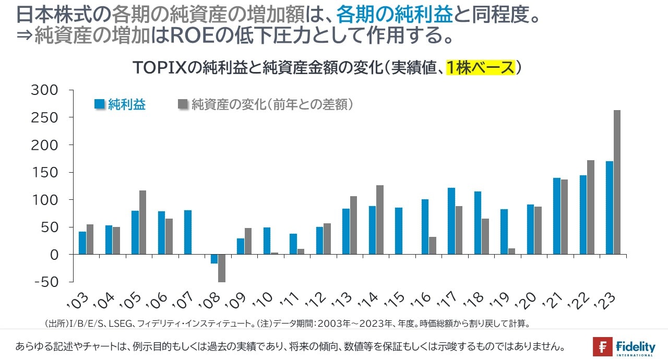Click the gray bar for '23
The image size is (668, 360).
tap(617, 182)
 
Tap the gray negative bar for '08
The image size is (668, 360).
tap(222, 268)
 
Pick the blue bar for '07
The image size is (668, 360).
tap(188, 232)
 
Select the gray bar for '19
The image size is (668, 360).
tap(511, 251)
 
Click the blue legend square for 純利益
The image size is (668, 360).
tap(100, 104)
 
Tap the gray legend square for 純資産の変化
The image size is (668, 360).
tap(183, 104)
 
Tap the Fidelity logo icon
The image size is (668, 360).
tap(602, 347)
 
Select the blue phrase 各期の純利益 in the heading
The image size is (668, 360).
tap(394, 15)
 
